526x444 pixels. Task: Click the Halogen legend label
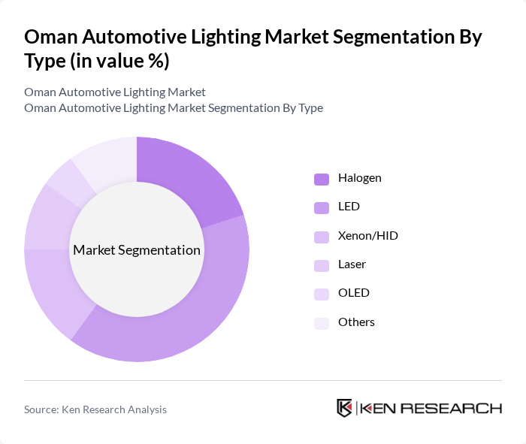click(359, 178)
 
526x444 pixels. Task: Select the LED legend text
click(349, 207)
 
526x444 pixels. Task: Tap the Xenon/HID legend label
click(367, 236)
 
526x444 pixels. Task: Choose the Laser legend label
click(352, 264)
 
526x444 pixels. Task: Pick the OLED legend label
click(353, 293)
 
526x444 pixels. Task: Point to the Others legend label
click(356, 322)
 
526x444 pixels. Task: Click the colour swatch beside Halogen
click(322, 179)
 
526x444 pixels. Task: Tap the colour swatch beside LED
click(322, 207)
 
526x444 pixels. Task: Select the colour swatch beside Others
click(322, 322)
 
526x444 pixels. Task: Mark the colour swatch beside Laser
click(322, 265)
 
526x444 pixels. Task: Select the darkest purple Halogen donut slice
click(188, 177)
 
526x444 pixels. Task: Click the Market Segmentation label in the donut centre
click(137, 250)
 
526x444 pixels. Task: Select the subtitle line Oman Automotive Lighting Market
click(115, 92)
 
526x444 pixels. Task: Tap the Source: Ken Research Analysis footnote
click(95, 409)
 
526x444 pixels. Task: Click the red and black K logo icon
click(344, 408)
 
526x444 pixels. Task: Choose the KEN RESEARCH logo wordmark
click(431, 409)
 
